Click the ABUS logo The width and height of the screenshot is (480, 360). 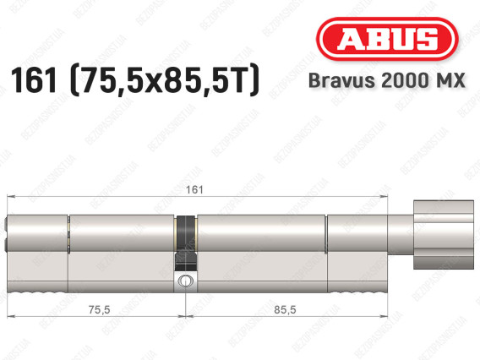point(387,39)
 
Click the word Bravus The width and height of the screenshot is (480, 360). point(342,80)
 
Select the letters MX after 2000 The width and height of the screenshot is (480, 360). point(450,80)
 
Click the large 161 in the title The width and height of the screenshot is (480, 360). point(33,80)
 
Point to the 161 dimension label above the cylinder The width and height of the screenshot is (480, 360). point(194,190)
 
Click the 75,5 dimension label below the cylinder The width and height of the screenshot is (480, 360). point(99,310)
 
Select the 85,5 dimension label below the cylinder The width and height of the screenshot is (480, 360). point(285,310)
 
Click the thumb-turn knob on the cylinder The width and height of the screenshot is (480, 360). point(444,235)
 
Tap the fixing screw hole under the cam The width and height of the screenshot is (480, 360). point(185,281)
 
